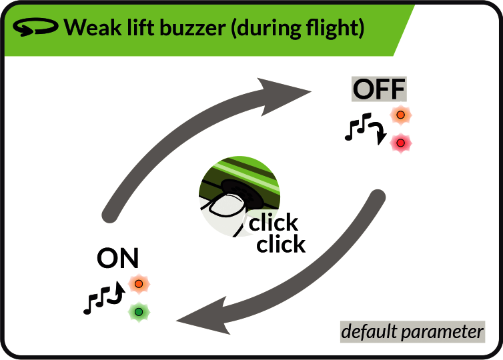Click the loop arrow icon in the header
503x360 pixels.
point(35,27)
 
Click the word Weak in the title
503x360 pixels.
point(93,27)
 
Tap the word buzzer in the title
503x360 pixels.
point(193,27)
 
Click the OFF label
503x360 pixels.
point(379,89)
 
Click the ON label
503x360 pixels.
point(117,258)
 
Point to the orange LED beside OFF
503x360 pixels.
point(401,115)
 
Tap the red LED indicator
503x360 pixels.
point(401,143)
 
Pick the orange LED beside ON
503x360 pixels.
point(139,284)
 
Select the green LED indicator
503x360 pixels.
point(139,312)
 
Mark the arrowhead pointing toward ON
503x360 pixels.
point(205,317)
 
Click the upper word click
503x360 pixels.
point(274,222)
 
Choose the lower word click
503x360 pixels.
point(281,243)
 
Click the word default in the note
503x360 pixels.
point(369,331)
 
